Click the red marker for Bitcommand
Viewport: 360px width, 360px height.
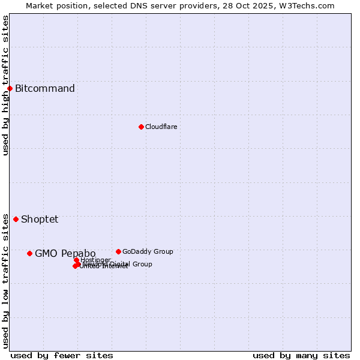click(10, 89)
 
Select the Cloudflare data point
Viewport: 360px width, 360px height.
click(141, 127)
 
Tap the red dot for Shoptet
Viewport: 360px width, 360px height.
click(16, 219)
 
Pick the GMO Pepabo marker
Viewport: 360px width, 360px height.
click(29, 253)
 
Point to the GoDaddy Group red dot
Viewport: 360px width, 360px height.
click(118, 251)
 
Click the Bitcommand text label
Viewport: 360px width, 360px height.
click(45, 89)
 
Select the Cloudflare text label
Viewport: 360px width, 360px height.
click(161, 127)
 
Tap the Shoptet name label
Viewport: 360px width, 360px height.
click(40, 219)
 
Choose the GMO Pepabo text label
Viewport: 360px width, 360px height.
click(65, 253)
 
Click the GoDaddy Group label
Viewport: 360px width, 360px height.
click(148, 251)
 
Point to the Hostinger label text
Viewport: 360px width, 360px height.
click(95, 260)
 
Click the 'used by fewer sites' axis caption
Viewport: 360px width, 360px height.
click(62, 355)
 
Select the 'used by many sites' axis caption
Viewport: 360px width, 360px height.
click(301, 355)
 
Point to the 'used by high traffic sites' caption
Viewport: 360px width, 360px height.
click(6, 85)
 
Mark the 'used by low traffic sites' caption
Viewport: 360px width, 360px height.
click(6, 281)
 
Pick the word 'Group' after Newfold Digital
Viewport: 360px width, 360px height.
click(142, 264)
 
